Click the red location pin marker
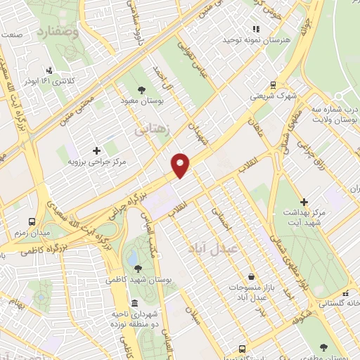[181, 165]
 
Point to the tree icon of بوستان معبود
[142, 90]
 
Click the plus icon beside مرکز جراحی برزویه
[96, 150]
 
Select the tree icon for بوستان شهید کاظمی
[137, 268]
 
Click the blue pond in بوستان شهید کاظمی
[132, 258]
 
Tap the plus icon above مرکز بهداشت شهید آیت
[304, 202]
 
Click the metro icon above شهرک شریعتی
[273, 82]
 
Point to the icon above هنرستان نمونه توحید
[256, 30]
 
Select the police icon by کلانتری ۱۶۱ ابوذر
[49, 70]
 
